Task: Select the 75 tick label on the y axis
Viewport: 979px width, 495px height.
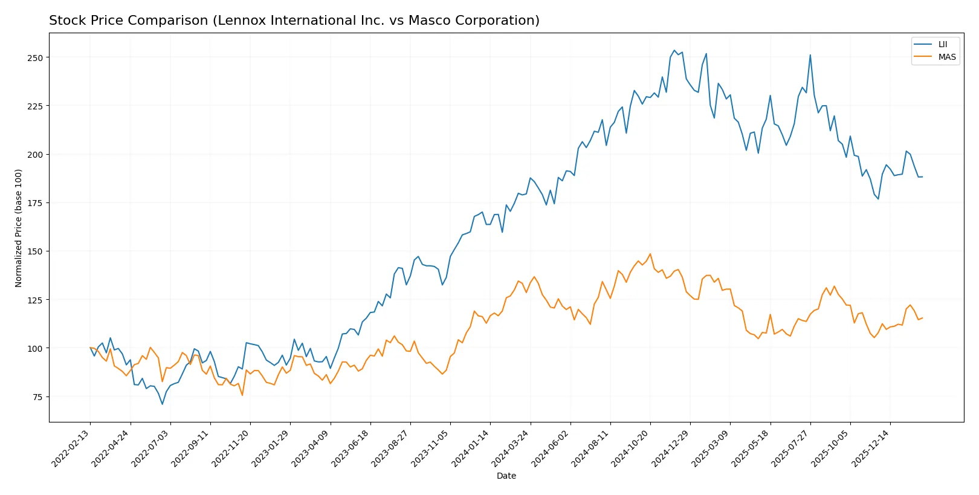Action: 37,397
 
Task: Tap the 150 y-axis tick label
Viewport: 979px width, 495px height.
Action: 35,251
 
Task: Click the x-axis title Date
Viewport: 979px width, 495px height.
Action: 506,476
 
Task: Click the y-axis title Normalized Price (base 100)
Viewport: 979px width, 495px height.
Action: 19,228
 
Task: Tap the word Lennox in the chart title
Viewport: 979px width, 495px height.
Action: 240,21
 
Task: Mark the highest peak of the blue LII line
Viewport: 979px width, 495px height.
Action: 674,50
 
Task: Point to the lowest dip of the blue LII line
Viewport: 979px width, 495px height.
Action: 162,404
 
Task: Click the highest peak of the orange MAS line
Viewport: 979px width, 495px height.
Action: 650,254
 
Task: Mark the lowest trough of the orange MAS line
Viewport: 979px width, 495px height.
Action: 242,395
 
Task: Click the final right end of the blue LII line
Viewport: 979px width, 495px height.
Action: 922,176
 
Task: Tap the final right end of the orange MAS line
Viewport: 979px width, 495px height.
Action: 922,318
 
